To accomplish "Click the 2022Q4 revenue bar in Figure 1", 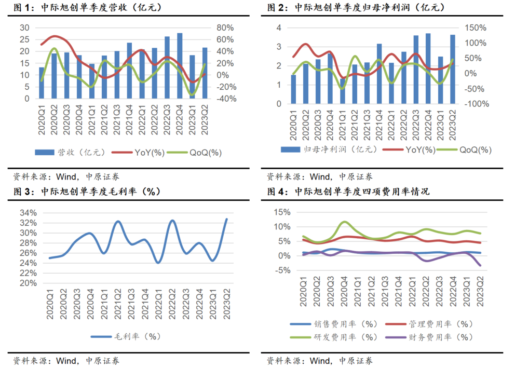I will coord(180,65).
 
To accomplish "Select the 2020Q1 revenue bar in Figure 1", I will coord(42,83).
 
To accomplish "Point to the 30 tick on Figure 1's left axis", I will coord(24,28).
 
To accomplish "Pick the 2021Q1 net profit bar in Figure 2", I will coord(343,91).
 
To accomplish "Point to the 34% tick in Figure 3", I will coord(29,213).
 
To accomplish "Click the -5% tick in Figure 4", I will coord(280,270).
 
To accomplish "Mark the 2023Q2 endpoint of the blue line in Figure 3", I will coord(226,219).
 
